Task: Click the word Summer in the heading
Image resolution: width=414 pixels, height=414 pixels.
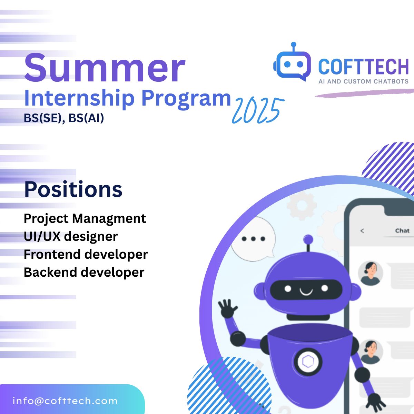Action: click(x=105, y=68)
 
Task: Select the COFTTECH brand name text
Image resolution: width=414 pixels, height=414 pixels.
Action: click(x=363, y=67)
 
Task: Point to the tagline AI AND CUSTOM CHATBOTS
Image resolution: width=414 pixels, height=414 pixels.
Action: click(x=363, y=81)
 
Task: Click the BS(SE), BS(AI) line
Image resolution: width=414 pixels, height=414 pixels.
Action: click(x=64, y=118)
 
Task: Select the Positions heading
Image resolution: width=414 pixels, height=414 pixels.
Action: click(x=73, y=189)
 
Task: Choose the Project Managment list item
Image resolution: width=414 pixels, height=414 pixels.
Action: click(x=85, y=219)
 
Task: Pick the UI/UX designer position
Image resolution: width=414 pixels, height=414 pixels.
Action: click(x=71, y=237)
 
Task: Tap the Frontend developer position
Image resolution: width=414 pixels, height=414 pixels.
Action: click(x=86, y=254)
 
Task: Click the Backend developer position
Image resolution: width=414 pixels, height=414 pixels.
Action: click(x=84, y=272)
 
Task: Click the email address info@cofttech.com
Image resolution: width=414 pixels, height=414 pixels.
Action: click(x=65, y=401)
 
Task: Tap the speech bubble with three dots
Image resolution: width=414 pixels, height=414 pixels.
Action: click(x=253, y=239)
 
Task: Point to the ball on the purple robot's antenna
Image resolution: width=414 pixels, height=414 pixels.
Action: click(x=308, y=239)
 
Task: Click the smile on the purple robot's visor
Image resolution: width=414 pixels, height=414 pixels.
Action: click(x=306, y=292)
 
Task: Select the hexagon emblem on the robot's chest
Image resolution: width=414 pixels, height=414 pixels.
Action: click(x=308, y=361)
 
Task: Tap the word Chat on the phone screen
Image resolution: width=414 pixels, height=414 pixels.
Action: click(x=402, y=230)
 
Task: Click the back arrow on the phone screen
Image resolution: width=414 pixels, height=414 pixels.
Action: click(x=362, y=231)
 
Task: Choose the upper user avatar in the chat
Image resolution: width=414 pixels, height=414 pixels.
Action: click(x=371, y=273)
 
